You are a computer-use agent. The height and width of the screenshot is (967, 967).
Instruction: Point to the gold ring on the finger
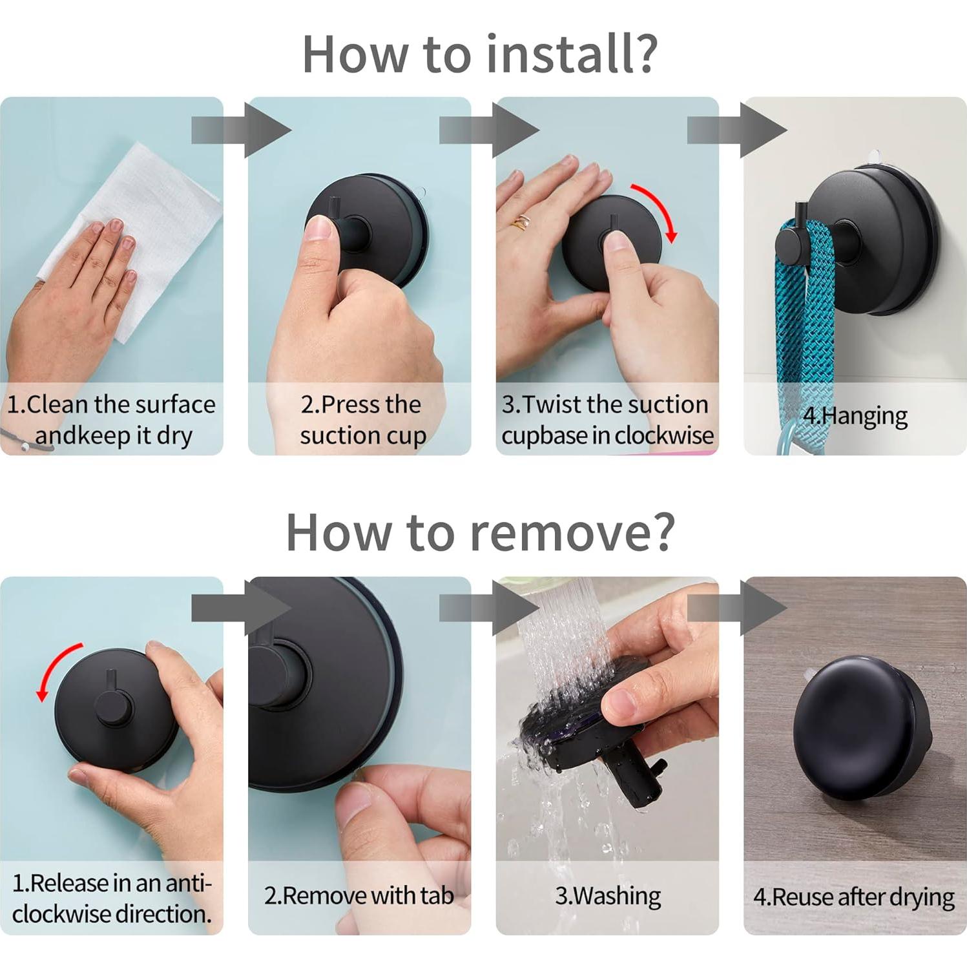[x=520, y=222]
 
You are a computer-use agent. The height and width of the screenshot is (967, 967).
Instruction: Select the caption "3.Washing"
[x=608, y=896]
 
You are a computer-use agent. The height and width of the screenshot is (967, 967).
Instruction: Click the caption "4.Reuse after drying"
[x=854, y=897]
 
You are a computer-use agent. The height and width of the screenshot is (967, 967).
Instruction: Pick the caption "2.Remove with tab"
[x=359, y=895]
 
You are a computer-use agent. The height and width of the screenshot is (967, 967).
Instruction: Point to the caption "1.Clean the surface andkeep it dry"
[x=111, y=420]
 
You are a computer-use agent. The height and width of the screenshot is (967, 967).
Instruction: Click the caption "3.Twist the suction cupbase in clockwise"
[x=607, y=420]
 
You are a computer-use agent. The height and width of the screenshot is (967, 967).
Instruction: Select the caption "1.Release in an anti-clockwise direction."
[x=112, y=898]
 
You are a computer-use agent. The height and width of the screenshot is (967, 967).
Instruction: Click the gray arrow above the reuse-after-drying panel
[x=737, y=608]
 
